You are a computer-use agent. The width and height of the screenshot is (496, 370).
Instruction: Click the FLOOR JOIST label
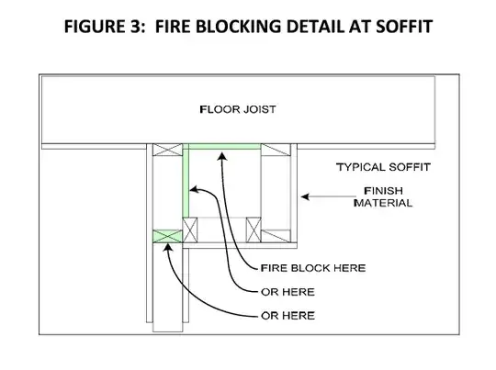click(x=238, y=109)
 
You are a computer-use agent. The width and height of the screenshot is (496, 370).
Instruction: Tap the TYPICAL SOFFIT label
click(x=383, y=167)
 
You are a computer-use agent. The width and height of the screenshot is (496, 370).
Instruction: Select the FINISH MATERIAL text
click(x=383, y=196)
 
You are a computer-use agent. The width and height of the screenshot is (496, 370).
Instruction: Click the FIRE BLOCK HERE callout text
click(x=313, y=268)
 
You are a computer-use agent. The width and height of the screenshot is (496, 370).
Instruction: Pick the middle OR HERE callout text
click(x=287, y=292)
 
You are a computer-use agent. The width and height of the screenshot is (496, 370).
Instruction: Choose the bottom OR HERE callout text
click(x=287, y=316)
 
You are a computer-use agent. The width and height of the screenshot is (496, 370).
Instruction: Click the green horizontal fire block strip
click(x=225, y=146)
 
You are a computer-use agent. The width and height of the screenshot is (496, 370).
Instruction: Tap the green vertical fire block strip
click(x=186, y=181)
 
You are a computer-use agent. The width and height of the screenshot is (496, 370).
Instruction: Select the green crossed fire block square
click(x=168, y=237)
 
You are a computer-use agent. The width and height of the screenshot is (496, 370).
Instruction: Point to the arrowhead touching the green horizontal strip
click(x=222, y=156)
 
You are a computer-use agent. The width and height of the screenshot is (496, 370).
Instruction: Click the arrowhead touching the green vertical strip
click(x=193, y=190)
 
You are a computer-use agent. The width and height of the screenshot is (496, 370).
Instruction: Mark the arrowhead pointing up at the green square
click(x=167, y=247)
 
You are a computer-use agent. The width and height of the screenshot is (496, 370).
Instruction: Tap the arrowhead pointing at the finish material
click(x=305, y=196)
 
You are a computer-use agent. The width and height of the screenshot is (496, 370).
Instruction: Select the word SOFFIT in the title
click(x=404, y=27)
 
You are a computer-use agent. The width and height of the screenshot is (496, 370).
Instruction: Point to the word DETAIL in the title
click(x=315, y=27)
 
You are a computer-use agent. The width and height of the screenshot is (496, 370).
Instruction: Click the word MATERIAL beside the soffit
click(x=383, y=203)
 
